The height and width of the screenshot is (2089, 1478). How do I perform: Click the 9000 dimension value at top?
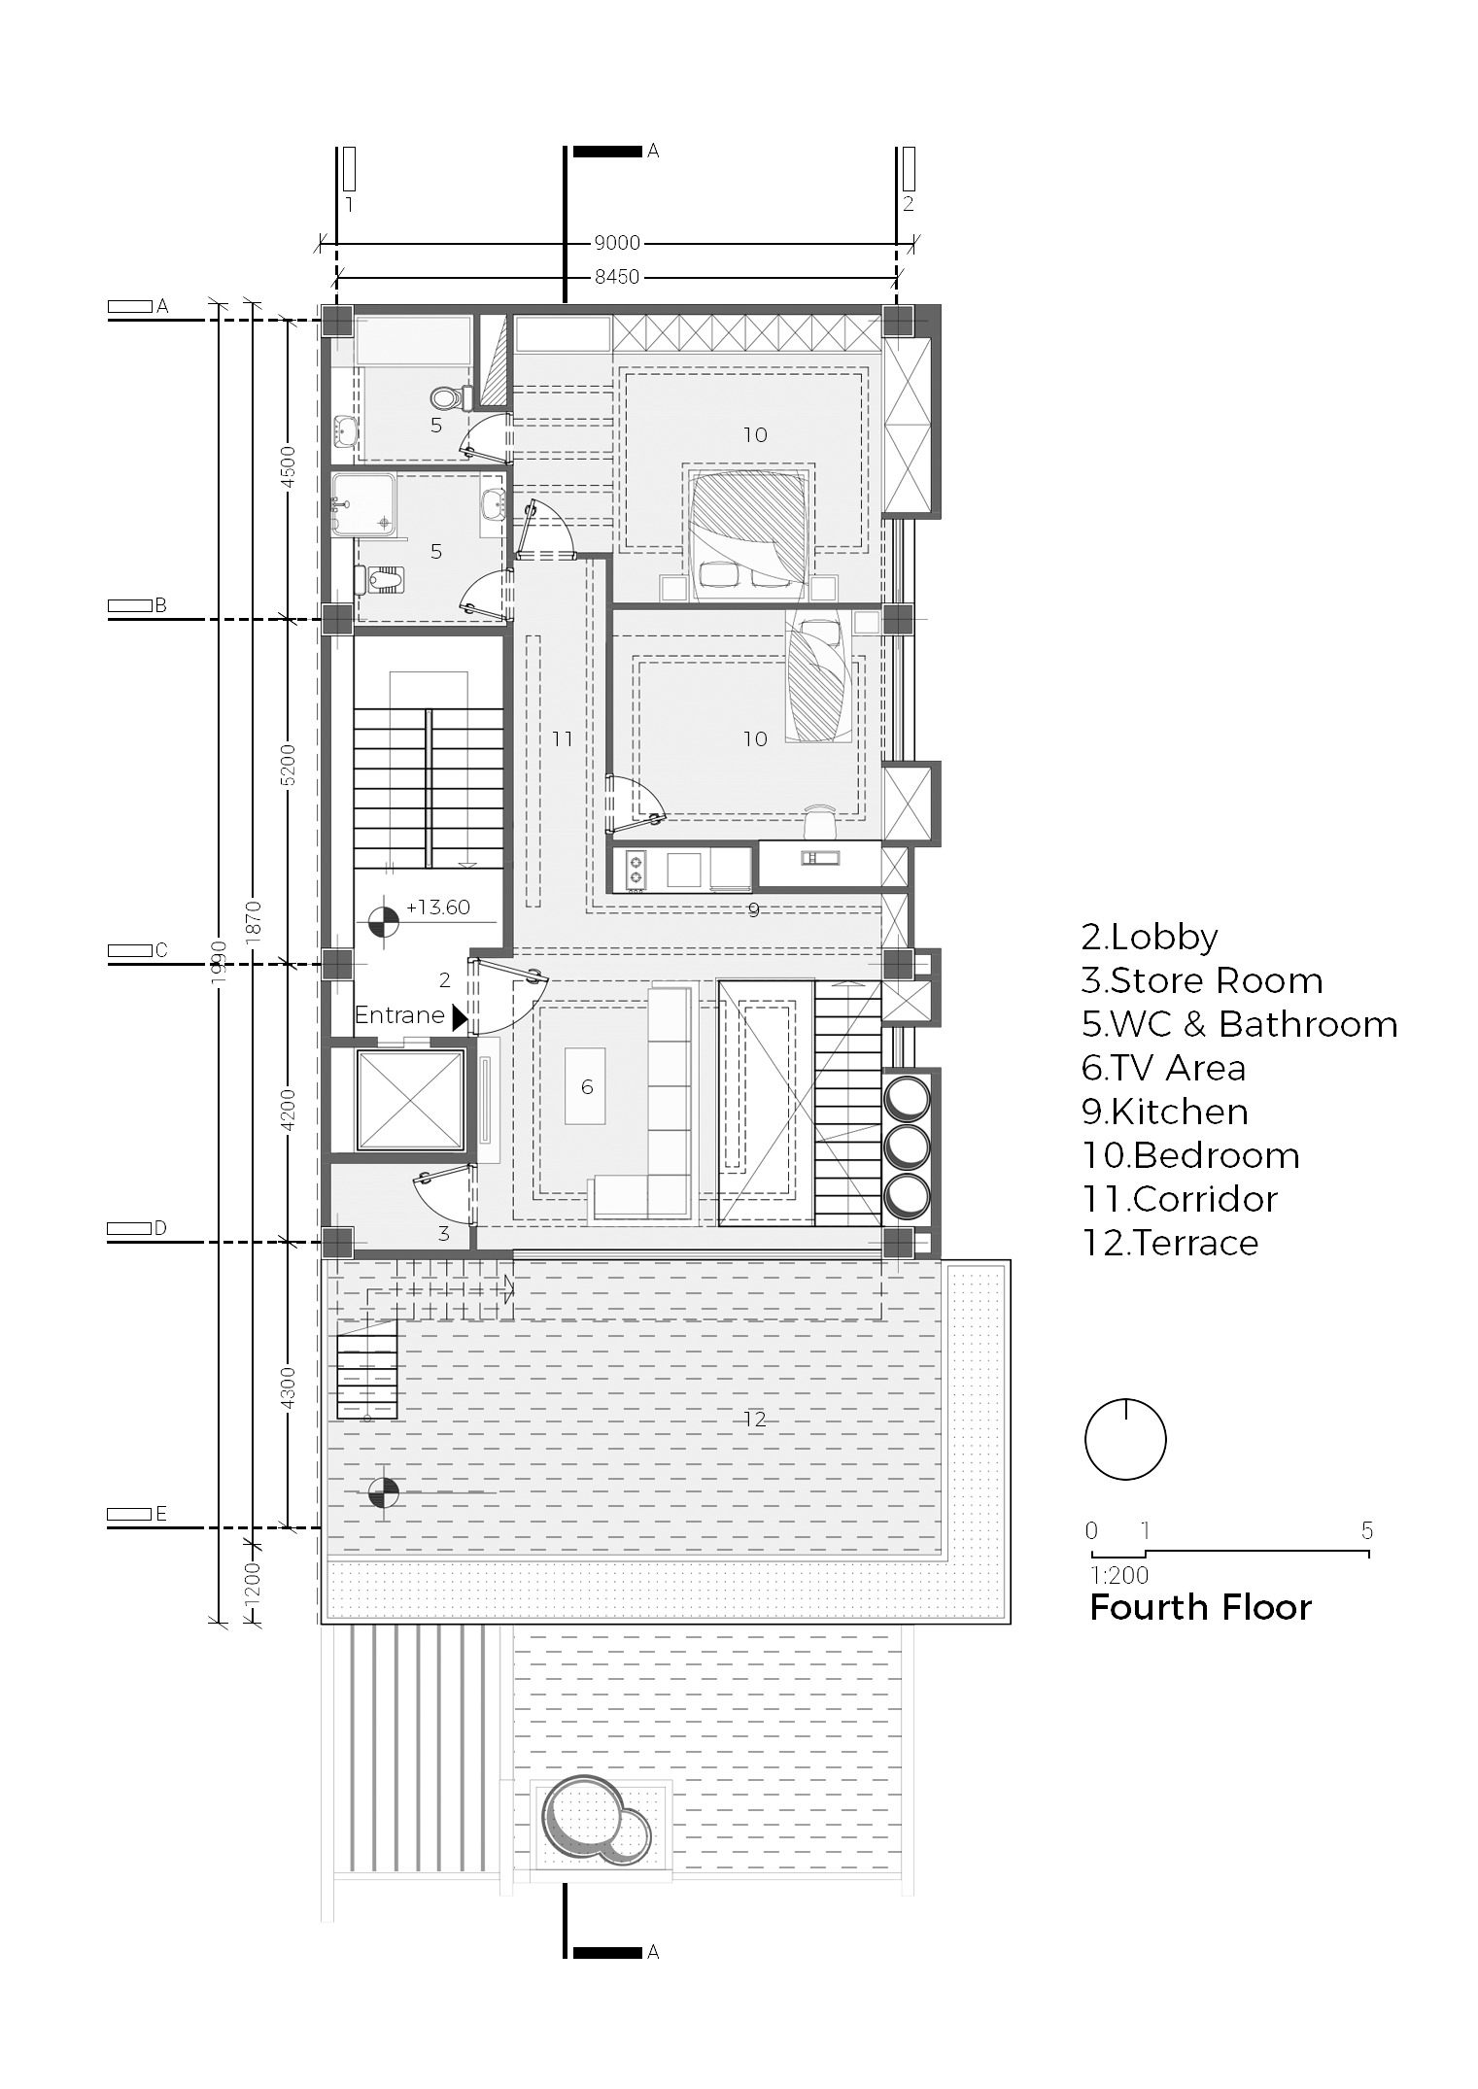point(617,244)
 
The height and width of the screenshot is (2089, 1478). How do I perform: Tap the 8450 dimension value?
point(617,277)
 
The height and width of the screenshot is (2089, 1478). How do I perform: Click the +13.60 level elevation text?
point(437,908)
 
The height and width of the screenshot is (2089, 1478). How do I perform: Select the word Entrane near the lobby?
point(399,1015)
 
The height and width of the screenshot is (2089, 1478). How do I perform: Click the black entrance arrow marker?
point(460,1016)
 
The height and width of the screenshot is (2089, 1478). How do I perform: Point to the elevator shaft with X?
point(409,1101)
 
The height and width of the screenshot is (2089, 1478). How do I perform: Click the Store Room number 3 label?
point(444,1234)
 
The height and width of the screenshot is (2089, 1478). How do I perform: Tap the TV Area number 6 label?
point(587,1087)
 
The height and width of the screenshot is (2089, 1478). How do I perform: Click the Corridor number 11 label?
point(563,739)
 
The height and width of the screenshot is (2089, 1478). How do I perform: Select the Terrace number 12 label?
point(755,1420)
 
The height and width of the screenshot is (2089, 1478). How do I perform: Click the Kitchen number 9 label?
point(753,910)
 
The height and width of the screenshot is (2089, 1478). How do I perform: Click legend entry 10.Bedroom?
point(1189,1155)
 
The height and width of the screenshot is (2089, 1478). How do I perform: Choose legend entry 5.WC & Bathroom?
point(1239,1024)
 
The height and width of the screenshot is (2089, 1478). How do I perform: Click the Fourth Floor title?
point(1200,1607)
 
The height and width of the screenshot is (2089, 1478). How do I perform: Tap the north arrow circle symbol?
point(1125,1440)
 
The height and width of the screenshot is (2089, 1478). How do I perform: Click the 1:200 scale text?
point(1118,1575)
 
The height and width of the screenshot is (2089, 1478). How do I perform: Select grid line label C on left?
point(161,950)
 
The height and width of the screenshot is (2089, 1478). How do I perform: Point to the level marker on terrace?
point(385,1491)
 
